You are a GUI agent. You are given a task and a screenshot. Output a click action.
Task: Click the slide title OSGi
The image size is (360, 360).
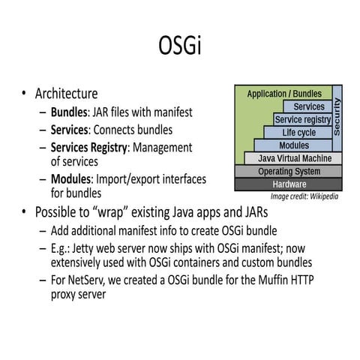tap(180, 46)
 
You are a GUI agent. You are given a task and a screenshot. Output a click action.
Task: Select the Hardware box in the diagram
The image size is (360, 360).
tap(289, 184)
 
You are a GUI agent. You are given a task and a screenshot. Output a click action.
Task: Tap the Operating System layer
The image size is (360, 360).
tap(289, 171)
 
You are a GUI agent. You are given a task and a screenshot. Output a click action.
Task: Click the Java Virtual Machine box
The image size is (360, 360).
tap(293, 158)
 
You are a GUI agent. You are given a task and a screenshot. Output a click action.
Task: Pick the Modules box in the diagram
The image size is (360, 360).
tap(293, 145)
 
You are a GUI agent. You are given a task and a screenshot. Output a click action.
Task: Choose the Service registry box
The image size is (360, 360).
tap(302, 120)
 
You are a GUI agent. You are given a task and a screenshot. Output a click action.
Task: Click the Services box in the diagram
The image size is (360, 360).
tap(308, 107)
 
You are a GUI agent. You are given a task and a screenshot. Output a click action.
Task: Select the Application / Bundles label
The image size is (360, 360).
tap(284, 94)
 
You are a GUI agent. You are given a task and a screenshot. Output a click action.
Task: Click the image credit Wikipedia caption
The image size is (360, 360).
tap(304, 196)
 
